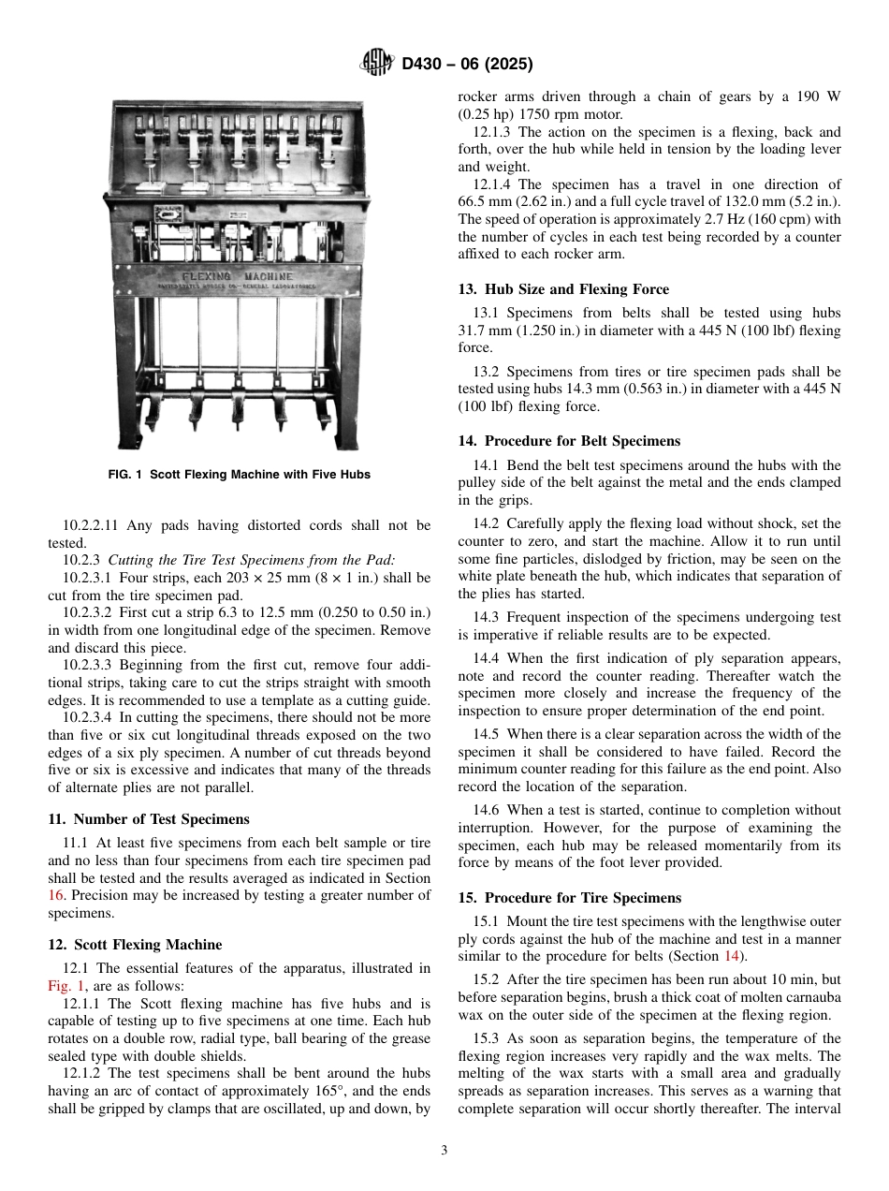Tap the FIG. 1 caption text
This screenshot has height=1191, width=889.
(240, 475)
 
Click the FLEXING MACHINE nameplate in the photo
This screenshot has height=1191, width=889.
(238, 277)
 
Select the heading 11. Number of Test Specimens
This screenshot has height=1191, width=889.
(149, 818)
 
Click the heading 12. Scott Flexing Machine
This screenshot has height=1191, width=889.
(135, 944)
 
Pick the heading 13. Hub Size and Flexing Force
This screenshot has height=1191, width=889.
(563, 289)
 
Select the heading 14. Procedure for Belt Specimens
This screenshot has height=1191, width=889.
(569, 441)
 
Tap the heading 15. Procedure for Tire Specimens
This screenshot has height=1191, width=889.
(569, 897)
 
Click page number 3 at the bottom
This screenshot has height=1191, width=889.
(444, 1151)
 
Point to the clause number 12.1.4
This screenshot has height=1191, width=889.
(493, 184)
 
